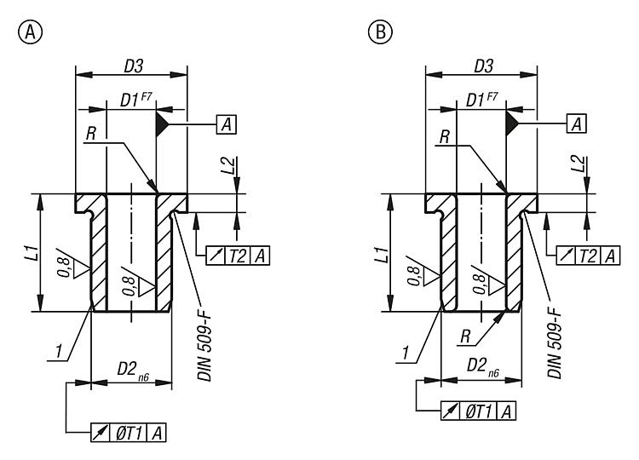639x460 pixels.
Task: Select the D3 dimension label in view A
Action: point(132,65)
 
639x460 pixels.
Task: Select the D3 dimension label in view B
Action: point(481,65)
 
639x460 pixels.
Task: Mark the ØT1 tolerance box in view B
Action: point(479,411)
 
